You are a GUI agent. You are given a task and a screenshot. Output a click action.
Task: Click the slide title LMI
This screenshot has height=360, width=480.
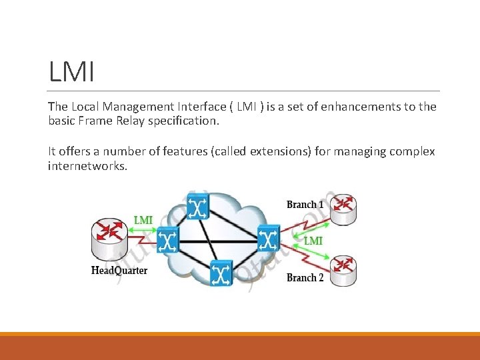(x=71, y=71)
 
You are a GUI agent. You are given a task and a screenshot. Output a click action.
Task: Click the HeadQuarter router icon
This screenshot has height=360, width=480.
(x=110, y=241)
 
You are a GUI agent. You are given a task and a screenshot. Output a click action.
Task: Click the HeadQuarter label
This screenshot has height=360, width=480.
(x=119, y=270)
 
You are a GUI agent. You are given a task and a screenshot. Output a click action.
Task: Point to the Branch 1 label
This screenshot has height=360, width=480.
(x=305, y=204)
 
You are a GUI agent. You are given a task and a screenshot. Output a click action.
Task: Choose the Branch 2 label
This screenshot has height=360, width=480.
(x=305, y=277)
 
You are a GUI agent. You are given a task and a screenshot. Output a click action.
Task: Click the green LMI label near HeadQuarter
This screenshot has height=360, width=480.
(x=143, y=220)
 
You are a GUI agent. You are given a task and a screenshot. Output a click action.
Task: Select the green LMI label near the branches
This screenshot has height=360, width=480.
(x=313, y=241)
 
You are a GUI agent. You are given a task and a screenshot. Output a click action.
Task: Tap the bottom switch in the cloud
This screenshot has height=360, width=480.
(x=221, y=273)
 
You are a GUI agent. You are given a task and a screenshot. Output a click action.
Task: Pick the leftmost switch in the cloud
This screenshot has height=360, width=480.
(x=167, y=239)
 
